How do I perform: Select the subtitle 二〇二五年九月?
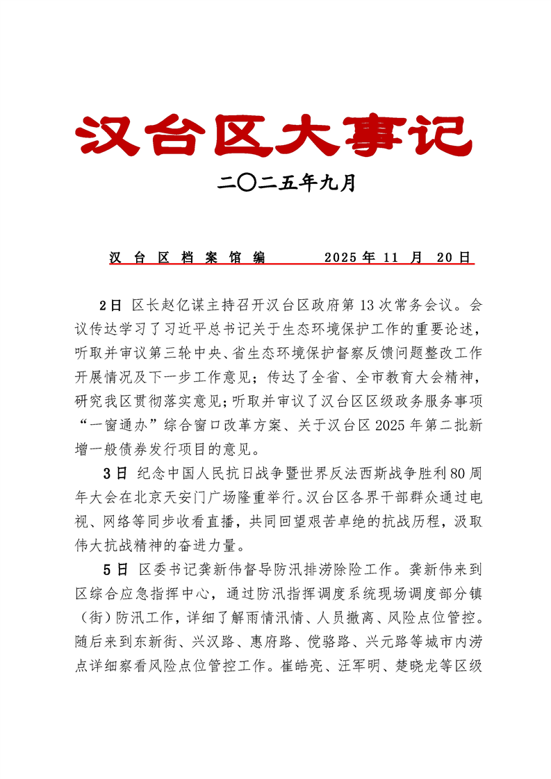click(286, 183)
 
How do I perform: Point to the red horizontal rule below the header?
click(291, 265)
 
